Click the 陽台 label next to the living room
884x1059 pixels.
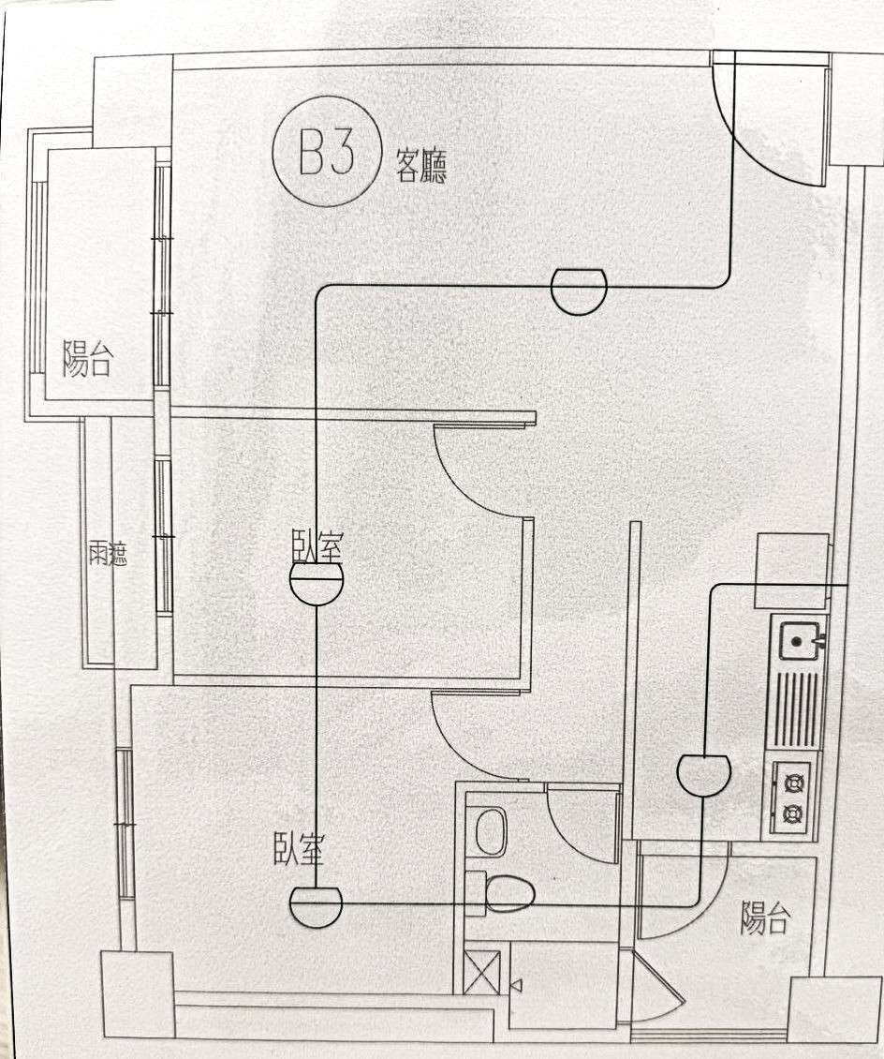[x=87, y=359]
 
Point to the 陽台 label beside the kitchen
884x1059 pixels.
[x=764, y=918]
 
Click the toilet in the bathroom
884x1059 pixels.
[x=501, y=893]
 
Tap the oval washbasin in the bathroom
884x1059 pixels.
[x=491, y=831]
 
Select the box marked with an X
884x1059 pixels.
[x=482, y=972]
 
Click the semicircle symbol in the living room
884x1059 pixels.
[x=578, y=291]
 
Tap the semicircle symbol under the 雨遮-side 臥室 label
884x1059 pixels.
[x=317, y=587]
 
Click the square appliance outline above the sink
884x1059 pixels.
[x=791, y=559]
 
